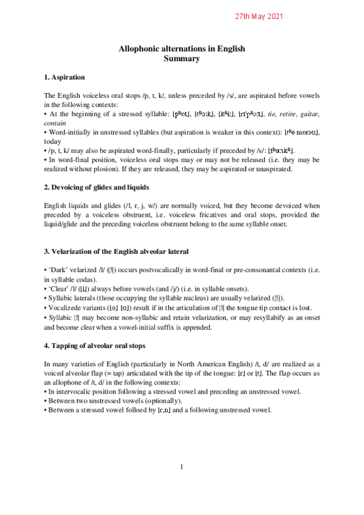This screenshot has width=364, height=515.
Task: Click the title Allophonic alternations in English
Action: coord(182,49)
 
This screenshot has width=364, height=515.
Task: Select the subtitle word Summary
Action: coord(182,59)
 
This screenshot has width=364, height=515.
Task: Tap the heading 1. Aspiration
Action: coord(64,78)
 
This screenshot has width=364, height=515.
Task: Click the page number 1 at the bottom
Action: coord(182,466)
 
